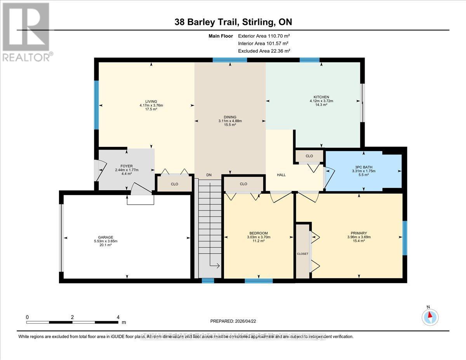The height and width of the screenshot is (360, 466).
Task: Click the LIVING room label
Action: click(x=146, y=101)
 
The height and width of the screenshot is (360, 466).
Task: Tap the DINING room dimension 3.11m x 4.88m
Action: click(x=230, y=121)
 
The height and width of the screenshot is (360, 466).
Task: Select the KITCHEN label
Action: click(x=321, y=97)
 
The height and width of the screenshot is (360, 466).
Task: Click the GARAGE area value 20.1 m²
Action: click(x=105, y=245)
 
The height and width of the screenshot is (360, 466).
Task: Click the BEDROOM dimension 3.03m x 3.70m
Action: click(x=258, y=237)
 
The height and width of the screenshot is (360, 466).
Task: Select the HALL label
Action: click(x=281, y=175)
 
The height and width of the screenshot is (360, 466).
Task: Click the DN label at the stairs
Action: click(x=209, y=175)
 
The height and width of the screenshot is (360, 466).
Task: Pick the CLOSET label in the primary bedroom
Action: click(x=303, y=254)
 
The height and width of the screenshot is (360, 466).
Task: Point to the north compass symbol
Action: click(x=429, y=316)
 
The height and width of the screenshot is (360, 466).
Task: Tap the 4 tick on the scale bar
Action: click(x=118, y=317)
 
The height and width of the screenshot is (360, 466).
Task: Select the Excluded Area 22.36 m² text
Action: click(x=264, y=51)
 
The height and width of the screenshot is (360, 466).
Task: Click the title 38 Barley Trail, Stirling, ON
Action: click(x=233, y=23)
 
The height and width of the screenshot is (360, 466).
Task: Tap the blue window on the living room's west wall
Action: click(x=96, y=105)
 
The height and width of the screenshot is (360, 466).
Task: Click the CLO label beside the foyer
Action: click(x=174, y=184)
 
